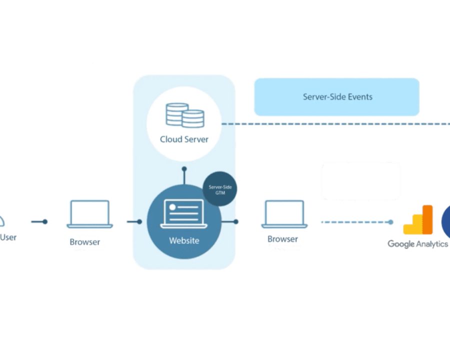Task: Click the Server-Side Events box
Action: (336, 96)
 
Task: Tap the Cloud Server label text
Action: (184, 139)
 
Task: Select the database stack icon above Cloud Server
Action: (185, 115)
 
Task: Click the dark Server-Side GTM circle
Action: (220, 188)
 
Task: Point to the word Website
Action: (184, 240)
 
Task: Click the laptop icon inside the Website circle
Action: (183, 213)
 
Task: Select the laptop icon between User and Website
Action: (90, 214)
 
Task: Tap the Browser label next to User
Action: (84, 242)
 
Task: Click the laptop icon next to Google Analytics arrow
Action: (284, 214)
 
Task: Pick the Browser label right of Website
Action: (282, 239)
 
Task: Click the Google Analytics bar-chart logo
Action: (418, 220)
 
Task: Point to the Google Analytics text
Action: (417, 244)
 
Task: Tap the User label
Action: (8, 237)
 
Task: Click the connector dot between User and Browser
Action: (45, 221)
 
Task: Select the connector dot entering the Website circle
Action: (139, 221)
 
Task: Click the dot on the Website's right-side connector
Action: (236, 221)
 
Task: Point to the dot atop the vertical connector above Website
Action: (184, 169)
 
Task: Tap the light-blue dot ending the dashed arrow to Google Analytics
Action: (390, 222)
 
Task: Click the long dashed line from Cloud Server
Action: (336, 124)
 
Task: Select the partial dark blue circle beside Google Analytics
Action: (446, 222)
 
